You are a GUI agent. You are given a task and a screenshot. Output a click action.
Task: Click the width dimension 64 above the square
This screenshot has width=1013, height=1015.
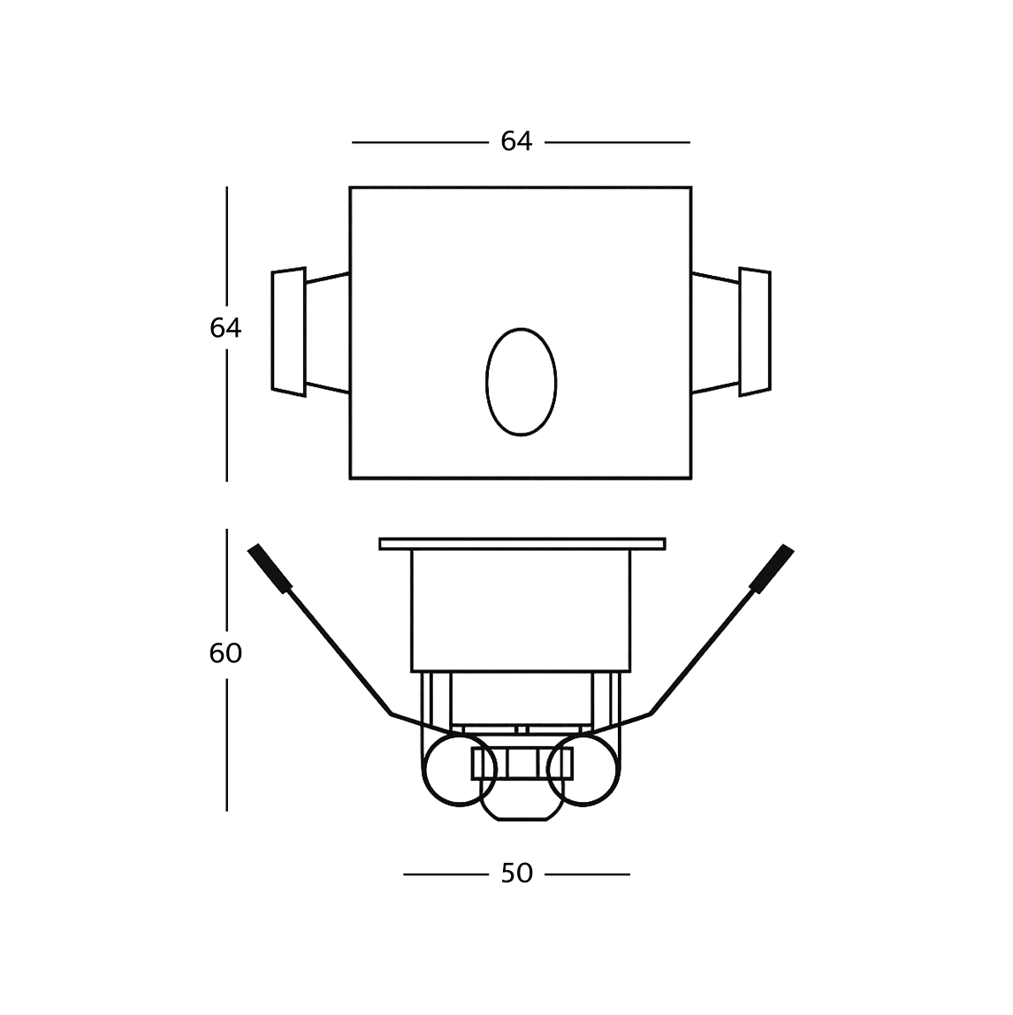click(x=516, y=141)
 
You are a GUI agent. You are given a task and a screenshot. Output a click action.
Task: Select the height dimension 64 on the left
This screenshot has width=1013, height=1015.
click(x=225, y=328)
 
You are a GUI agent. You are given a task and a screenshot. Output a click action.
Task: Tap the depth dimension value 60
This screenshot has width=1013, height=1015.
click(x=225, y=653)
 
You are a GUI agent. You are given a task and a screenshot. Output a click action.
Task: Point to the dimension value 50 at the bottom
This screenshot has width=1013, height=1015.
click(x=516, y=874)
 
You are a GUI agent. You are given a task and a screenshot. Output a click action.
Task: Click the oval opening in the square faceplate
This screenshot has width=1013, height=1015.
click(x=521, y=382)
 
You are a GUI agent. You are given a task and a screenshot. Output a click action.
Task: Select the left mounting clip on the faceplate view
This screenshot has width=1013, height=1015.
click(x=289, y=332)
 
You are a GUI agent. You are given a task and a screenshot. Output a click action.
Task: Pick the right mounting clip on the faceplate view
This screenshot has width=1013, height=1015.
click(x=754, y=332)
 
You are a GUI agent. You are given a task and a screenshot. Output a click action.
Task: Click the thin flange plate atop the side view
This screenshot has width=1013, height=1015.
click(x=522, y=544)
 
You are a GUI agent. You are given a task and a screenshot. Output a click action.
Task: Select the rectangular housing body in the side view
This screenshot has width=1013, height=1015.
click(x=522, y=610)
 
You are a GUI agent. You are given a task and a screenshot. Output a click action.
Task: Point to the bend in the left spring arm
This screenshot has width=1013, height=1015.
click(x=391, y=713)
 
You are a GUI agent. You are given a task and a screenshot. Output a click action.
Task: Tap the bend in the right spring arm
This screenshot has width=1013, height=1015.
click(x=651, y=713)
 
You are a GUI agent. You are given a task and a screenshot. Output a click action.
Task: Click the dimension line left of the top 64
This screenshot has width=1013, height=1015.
click(x=420, y=142)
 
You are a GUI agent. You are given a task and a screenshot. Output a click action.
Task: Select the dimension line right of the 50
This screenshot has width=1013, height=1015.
click(x=588, y=874)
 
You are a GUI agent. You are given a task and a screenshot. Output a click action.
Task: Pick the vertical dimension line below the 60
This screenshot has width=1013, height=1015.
click(x=227, y=743)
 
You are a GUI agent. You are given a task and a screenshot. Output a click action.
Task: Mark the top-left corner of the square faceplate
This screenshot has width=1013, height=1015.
click(x=351, y=188)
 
